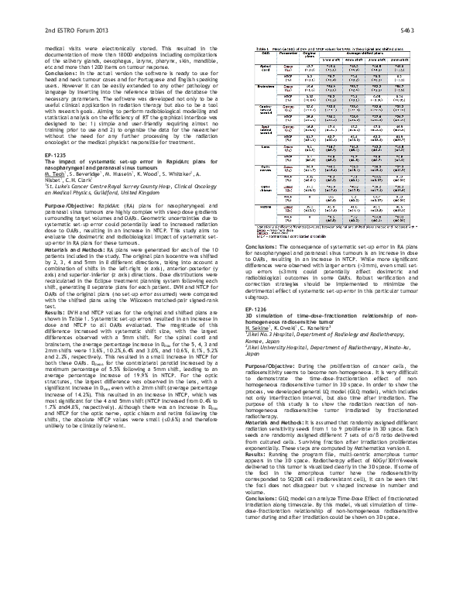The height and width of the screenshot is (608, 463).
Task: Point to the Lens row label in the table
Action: click(264, 145)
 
